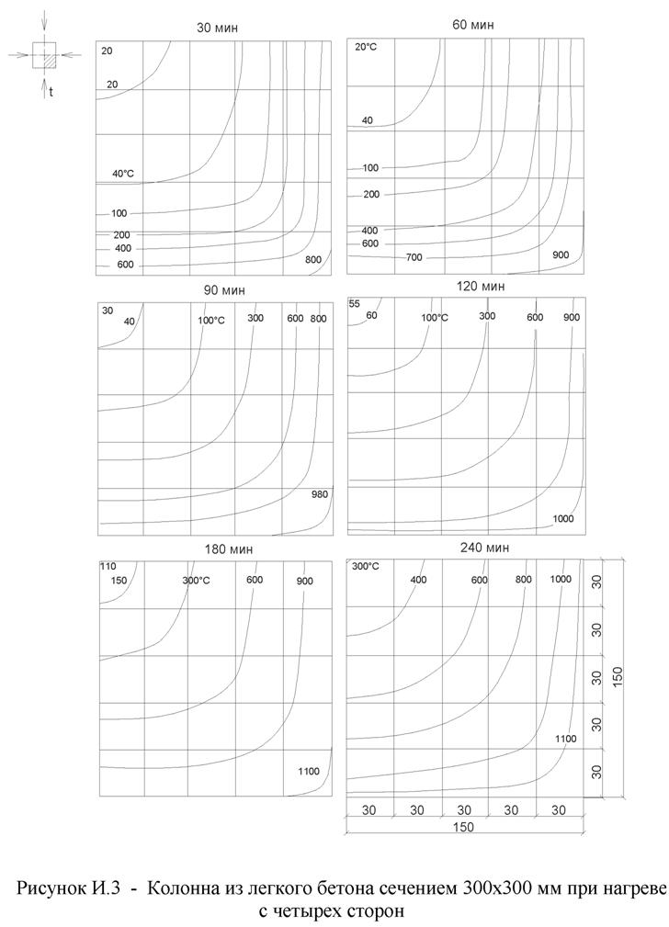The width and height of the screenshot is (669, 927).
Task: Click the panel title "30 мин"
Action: click(217, 28)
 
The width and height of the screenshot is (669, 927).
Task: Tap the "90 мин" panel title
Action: click(223, 290)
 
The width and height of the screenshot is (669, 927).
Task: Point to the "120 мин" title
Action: click(481, 287)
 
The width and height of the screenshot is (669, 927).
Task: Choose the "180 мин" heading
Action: click(229, 548)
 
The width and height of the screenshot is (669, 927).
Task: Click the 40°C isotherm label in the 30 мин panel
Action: click(123, 174)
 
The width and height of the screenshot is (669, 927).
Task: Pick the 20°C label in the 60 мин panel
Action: click(367, 47)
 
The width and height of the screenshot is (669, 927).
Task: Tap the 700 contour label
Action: click(413, 258)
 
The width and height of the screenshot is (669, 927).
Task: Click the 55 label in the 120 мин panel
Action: click(354, 304)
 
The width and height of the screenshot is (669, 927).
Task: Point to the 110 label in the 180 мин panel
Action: click(108, 566)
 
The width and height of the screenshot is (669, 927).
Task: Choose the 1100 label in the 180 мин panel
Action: click(308, 771)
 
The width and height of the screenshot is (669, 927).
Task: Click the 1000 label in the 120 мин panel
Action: click(564, 519)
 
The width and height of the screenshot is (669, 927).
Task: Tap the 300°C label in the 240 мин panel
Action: click(366, 566)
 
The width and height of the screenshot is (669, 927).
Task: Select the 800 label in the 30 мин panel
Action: click(313, 260)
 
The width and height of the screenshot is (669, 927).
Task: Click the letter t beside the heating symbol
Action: click(51, 92)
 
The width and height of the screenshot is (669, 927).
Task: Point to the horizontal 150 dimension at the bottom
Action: click(463, 826)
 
